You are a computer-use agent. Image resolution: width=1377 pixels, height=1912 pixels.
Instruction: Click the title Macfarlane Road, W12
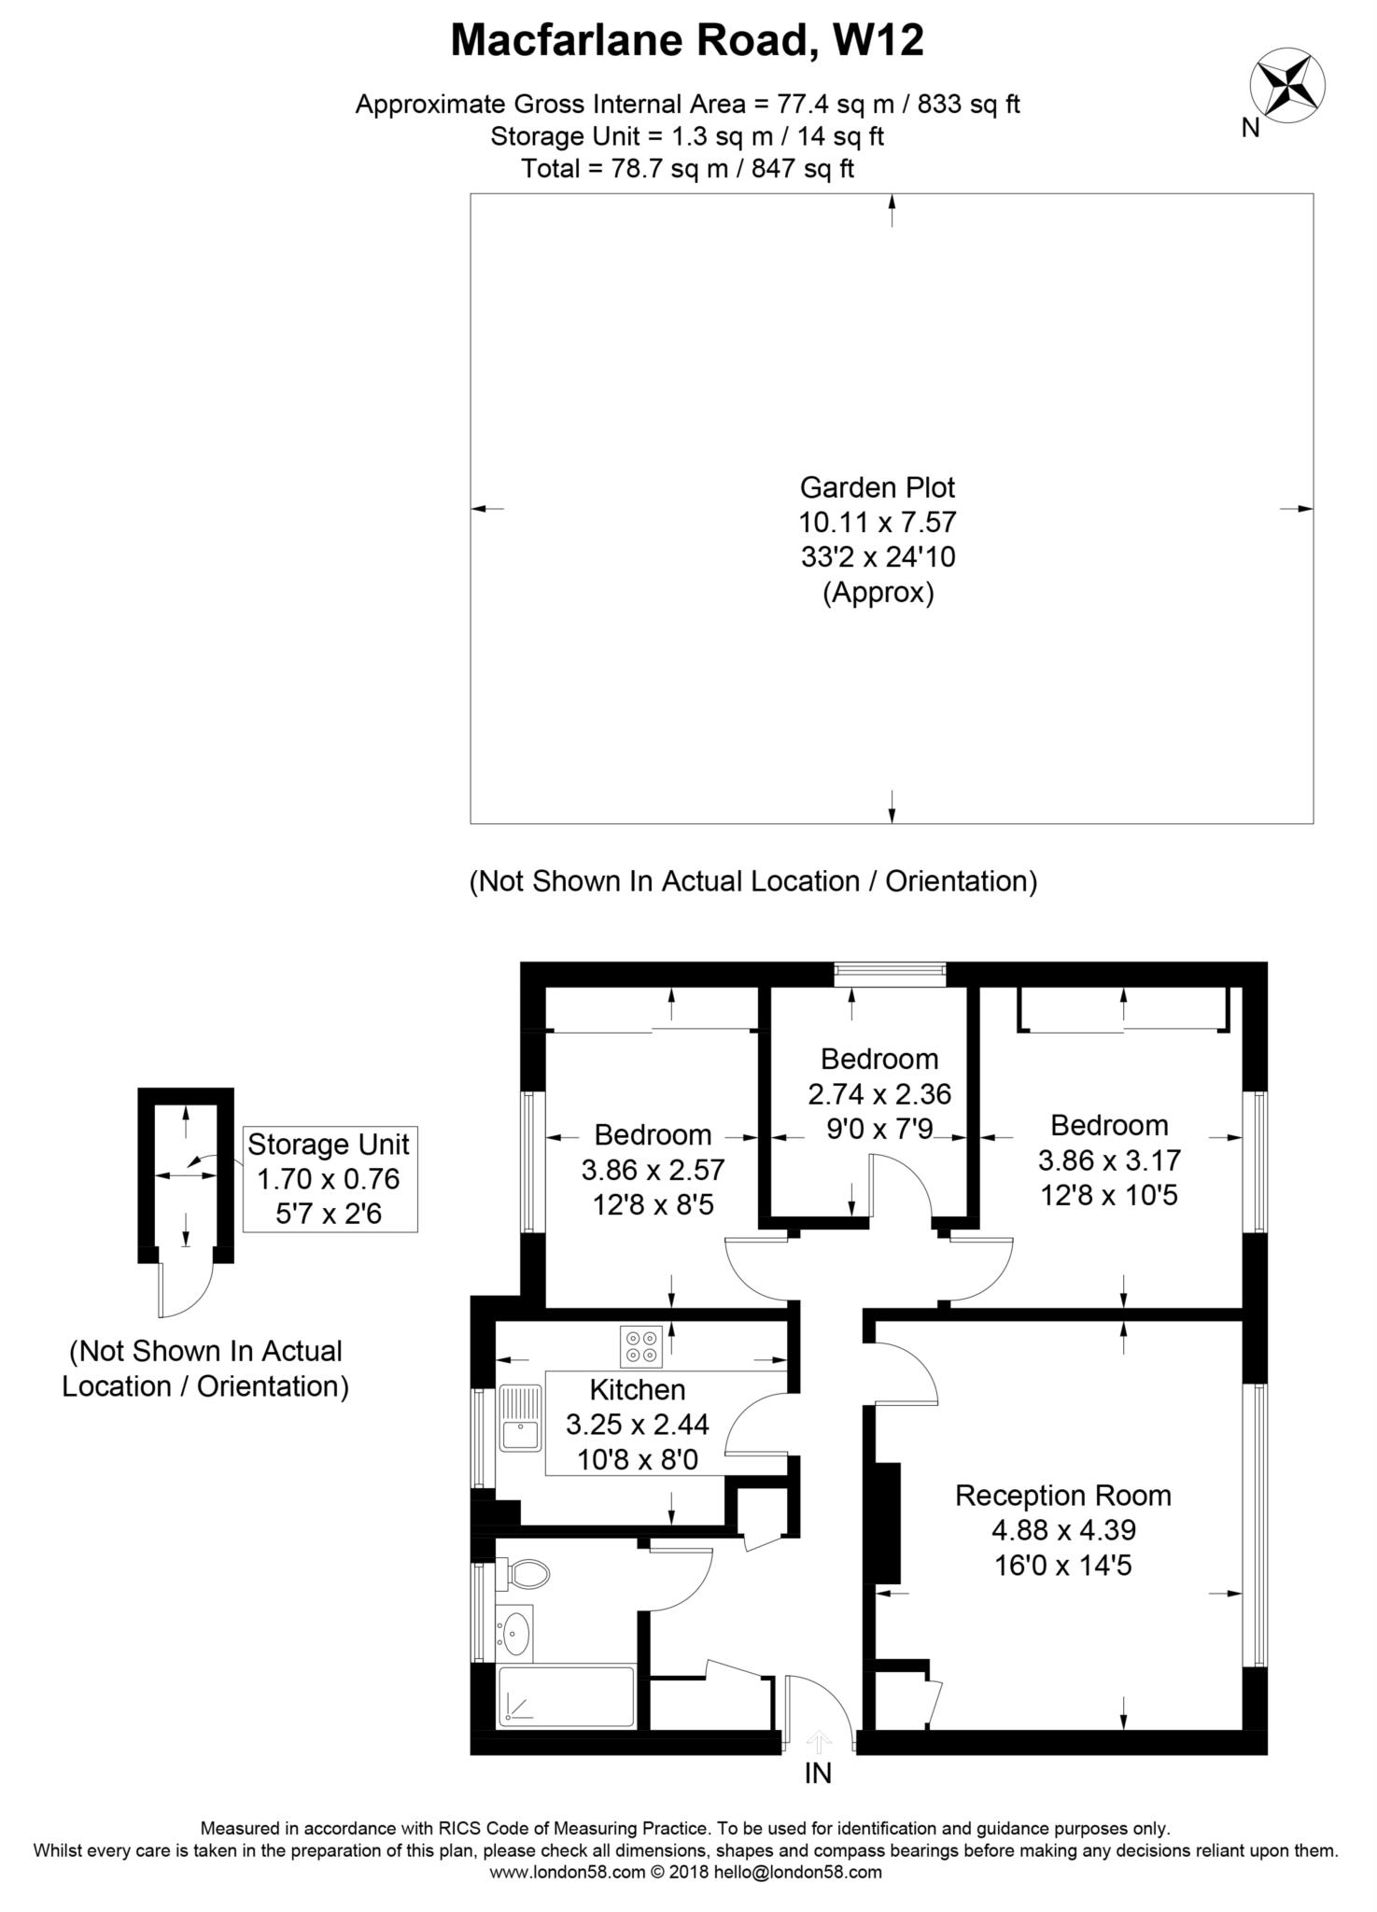point(687,41)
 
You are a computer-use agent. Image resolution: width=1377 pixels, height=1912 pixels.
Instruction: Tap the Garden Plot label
point(878,487)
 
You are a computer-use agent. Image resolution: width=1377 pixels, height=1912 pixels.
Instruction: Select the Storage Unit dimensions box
point(329,1179)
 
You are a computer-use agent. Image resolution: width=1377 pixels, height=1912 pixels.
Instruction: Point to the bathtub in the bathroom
point(566,1696)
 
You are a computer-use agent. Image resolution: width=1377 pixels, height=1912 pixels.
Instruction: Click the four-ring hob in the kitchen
point(640,1346)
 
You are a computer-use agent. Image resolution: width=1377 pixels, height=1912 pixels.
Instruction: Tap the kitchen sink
point(520,1418)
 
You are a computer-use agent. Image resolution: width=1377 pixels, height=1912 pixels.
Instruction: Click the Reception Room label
point(1062,1495)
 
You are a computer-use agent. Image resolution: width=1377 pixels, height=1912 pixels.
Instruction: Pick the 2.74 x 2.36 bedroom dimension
point(878,1093)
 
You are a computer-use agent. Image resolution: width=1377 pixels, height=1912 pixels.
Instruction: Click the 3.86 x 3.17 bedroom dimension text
point(1109,1160)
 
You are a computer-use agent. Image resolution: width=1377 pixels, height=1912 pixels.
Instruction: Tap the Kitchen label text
point(638,1389)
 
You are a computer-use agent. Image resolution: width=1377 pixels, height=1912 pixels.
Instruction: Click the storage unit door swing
point(185,1291)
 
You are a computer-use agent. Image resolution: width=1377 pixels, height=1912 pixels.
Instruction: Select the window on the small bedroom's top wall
point(890,974)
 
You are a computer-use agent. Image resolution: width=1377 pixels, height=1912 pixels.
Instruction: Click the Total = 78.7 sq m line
point(687,169)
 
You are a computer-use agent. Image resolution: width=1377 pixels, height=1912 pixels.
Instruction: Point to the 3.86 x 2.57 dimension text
point(653,1169)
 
